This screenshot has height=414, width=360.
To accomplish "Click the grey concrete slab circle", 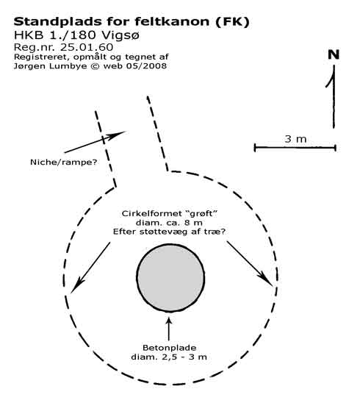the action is (170, 278).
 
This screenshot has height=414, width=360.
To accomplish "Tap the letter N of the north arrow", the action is (334, 54).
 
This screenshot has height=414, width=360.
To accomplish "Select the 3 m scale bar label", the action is (295, 139).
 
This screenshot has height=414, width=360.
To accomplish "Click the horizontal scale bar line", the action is (295, 148).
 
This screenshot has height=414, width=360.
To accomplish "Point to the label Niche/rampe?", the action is (64, 162).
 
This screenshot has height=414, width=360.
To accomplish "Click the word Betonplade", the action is (169, 348).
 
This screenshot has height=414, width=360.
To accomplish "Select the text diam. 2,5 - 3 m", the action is (169, 357).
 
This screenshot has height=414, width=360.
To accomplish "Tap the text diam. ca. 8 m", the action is (169, 223).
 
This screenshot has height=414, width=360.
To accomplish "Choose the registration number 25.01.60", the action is (87, 47).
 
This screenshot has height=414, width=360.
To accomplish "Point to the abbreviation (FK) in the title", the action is (232, 22).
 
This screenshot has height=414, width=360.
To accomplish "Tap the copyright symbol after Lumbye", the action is (95, 65).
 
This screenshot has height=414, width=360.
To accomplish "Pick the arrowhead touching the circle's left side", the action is (76, 286).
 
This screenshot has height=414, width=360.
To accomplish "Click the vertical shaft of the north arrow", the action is (334, 96).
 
